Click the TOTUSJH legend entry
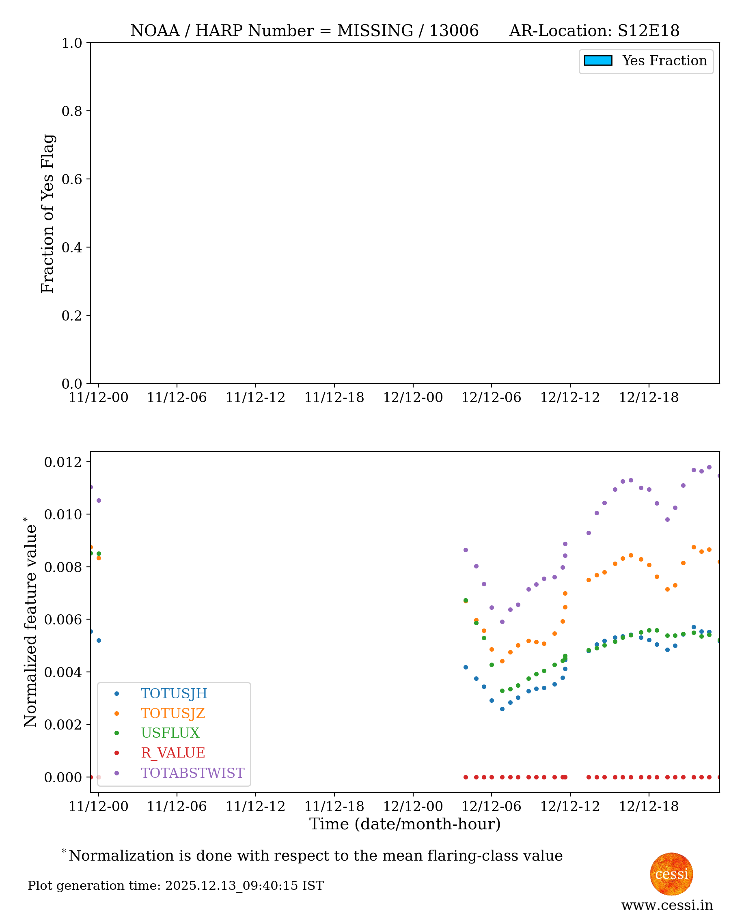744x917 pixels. pyautogui.click(x=174, y=693)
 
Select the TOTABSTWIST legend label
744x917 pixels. pyautogui.click(x=192, y=773)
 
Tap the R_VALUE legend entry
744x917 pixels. pyautogui.click(x=173, y=753)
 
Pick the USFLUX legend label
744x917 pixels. pyautogui.click(x=170, y=733)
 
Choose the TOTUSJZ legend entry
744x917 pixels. pyautogui.click(x=173, y=714)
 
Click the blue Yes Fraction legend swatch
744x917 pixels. pyautogui.click(x=598, y=61)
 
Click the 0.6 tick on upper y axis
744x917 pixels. pyautogui.click(x=71, y=179)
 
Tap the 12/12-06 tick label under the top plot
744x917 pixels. pyautogui.click(x=491, y=398)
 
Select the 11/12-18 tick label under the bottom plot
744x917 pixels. pyautogui.click(x=334, y=807)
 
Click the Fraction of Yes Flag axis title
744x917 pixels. pyautogui.click(x=47, y=213)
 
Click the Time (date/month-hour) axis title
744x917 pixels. pyautogui.click(x=405, y=824)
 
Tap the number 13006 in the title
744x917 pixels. pyautogui.click(x=454, y=31)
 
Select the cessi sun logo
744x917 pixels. pyautogui.click(x=671, y=874)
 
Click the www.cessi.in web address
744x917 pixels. pyautogui.click(x=667, y=905)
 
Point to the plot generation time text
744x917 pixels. pyautogui.click(x=176, y=886)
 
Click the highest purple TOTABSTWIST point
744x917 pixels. pyautogui.click(x=709, y=467)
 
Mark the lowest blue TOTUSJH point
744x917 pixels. pyautogui.click(x=502, y=709)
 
